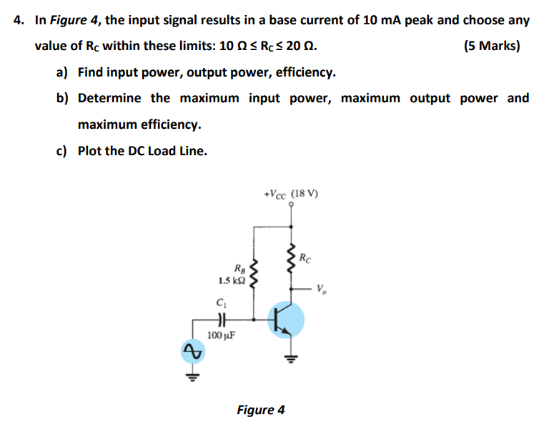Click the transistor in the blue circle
[x=287, y=320]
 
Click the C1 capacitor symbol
[x=221, y=320]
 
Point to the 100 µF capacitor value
[x=220, y=334]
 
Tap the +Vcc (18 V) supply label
[x=291, y=194]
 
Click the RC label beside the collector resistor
[x=305, y=257]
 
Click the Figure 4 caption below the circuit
[x=261, y=410]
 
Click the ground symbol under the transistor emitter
[x=292, y=358]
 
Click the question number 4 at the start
[x=19, y=20]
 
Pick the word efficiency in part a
[x=305, y=72]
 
